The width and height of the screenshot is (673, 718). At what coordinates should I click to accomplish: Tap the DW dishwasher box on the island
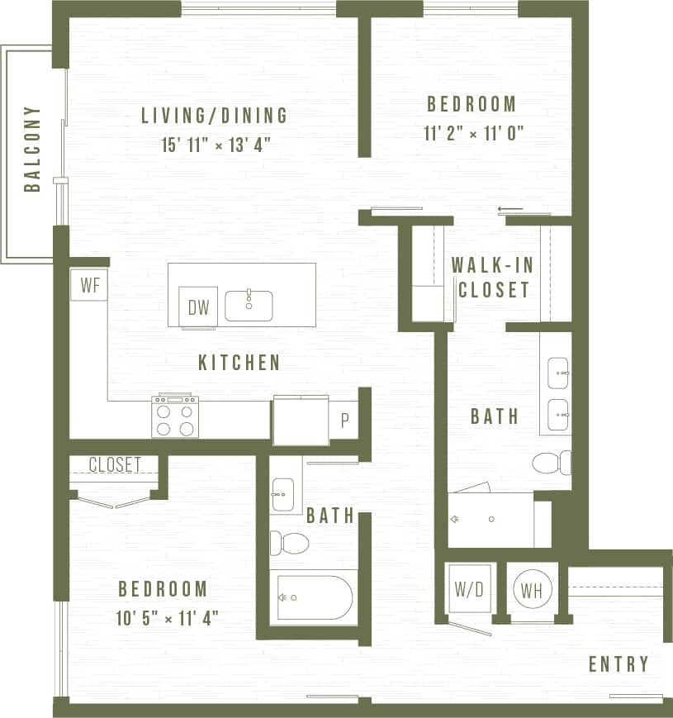coord(198,308)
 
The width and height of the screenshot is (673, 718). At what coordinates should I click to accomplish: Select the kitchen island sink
coord(249,305)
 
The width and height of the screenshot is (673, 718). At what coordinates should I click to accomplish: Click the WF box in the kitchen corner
coord(89,285)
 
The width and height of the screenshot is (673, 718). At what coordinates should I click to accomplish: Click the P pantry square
coord(344,420)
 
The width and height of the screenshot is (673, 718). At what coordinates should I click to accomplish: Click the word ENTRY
coord(618,664)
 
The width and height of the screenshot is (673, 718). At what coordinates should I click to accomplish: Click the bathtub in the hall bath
coord(315,597)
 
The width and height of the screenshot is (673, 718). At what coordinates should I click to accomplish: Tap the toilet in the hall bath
coord(289,543)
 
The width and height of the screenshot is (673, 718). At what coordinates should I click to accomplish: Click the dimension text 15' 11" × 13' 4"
coord(216,145)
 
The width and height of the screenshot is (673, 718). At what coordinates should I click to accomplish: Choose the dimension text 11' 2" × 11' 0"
coord(474,133)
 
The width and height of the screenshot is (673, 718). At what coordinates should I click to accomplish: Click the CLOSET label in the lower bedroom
coord(115,464)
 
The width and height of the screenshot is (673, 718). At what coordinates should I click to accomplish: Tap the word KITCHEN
coord(239,362)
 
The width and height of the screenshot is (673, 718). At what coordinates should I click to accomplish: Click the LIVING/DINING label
coord(214,115)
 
